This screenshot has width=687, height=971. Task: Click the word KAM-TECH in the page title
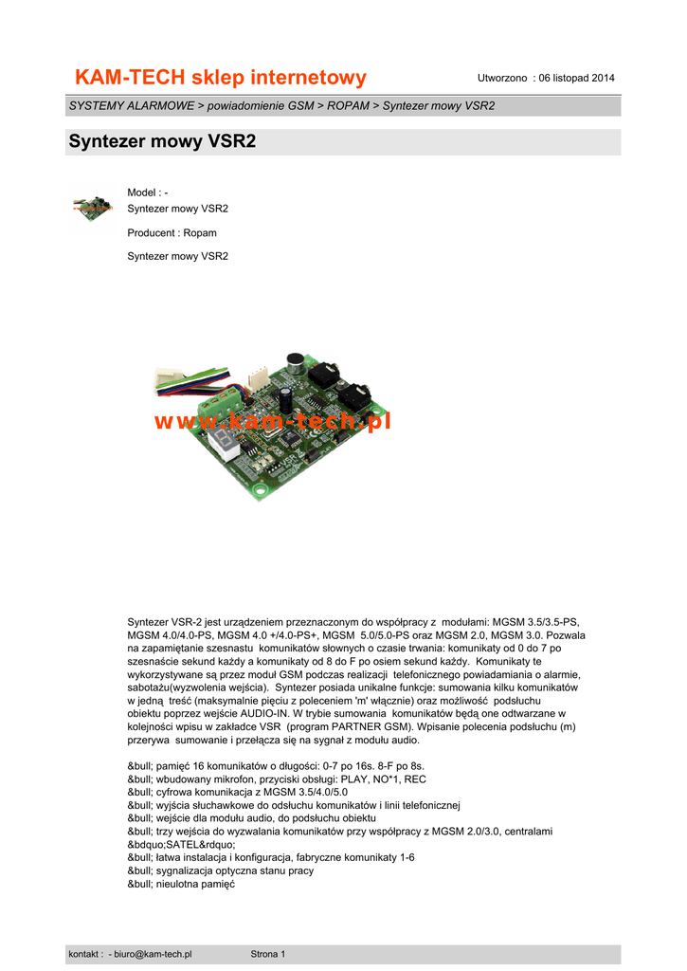(x=128, y=77)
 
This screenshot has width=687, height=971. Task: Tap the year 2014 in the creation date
(x=602, y=78)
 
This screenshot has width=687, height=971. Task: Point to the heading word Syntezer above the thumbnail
(x=108, y=142)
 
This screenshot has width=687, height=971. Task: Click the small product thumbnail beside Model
(x=93, y=207)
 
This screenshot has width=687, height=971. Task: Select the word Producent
(x=152, y=232)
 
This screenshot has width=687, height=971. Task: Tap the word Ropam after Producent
(x=200, y=232)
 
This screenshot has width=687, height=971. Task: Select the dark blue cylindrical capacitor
(x=285, y=398)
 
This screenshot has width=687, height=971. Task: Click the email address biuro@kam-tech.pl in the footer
(x=153, y=954)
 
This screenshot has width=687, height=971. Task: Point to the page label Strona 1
(x=268, y=954)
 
